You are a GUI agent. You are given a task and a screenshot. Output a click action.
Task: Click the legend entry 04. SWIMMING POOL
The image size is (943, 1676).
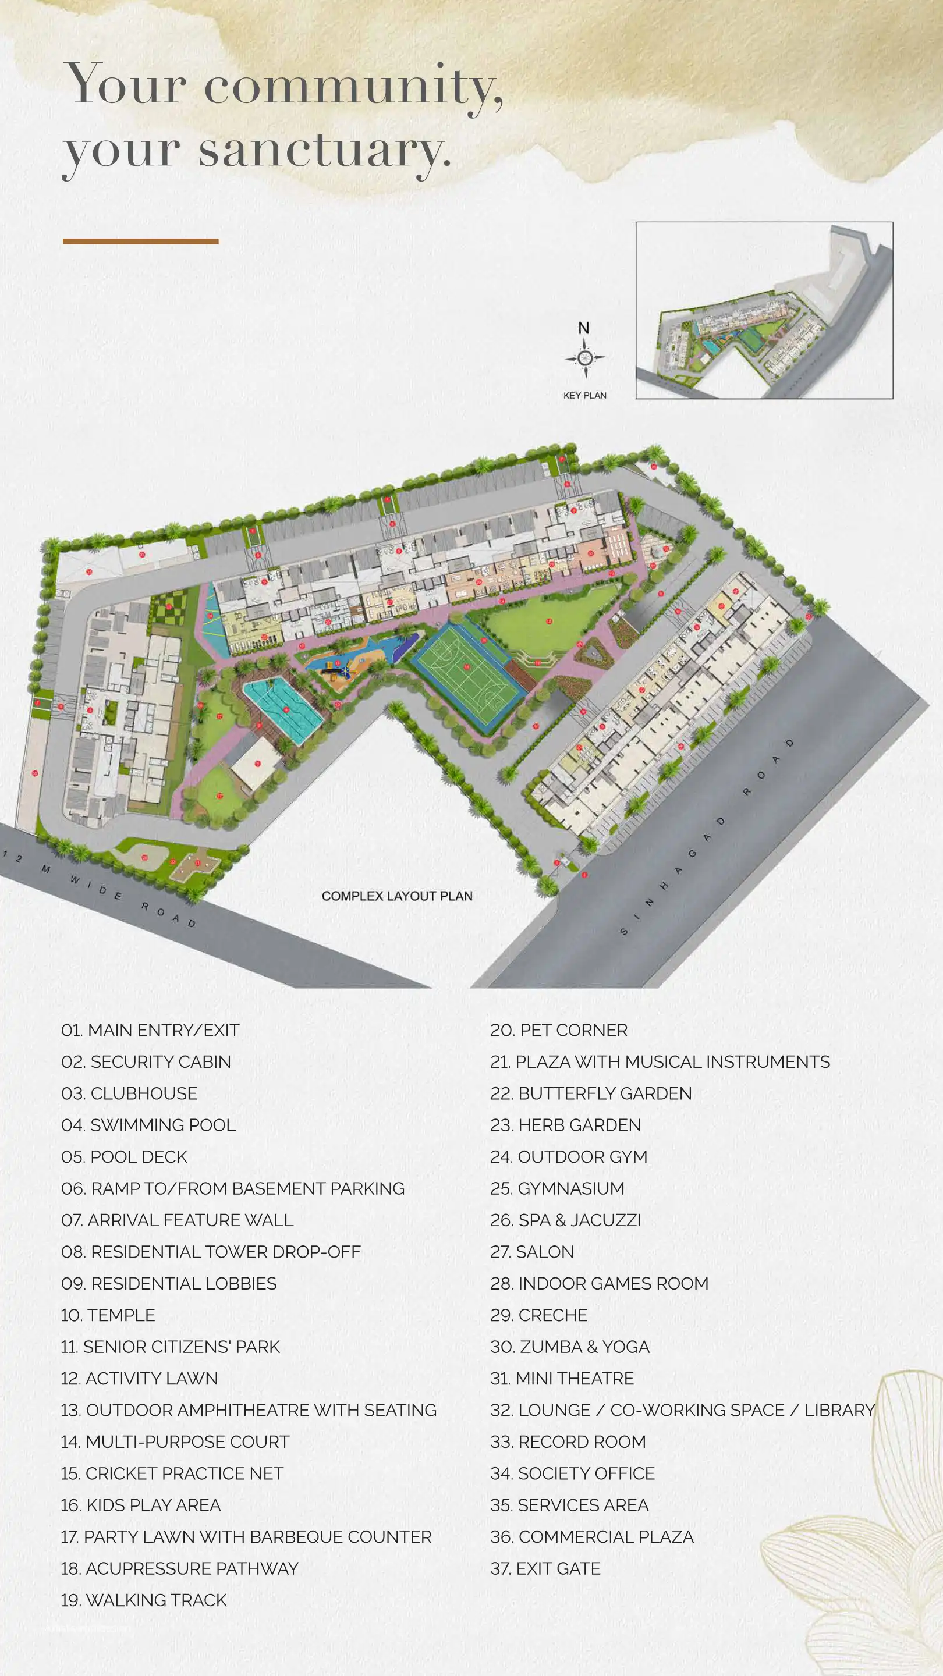(148, 1125)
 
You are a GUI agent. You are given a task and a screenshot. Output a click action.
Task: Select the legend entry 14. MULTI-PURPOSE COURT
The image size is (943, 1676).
(175, 1442)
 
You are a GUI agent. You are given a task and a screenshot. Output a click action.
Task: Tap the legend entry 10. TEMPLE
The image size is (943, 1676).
(108, 1315)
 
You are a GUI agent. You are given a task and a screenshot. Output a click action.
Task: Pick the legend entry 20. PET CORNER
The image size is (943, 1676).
(559, 1030)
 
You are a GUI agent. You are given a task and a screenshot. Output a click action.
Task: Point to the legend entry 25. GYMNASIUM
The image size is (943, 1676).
(557, 1188)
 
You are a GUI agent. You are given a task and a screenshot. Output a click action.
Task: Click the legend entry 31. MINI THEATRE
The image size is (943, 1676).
(562, 1378)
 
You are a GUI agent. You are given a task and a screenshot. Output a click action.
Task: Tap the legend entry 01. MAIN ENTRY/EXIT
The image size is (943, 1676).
(150, 1030)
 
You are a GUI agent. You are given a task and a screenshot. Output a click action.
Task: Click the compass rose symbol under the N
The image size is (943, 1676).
(584, 357)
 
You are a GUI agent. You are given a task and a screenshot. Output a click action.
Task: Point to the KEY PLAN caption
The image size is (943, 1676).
(584, 396)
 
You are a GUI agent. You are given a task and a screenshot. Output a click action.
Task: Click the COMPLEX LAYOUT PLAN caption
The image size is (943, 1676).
(397, 896)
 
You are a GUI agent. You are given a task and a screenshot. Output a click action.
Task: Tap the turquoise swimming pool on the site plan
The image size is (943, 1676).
(283, 710)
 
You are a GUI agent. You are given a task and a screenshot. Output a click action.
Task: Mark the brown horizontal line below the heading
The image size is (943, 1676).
(140, 242)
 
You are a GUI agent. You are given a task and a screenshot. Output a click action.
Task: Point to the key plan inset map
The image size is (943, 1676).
(764, 310)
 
